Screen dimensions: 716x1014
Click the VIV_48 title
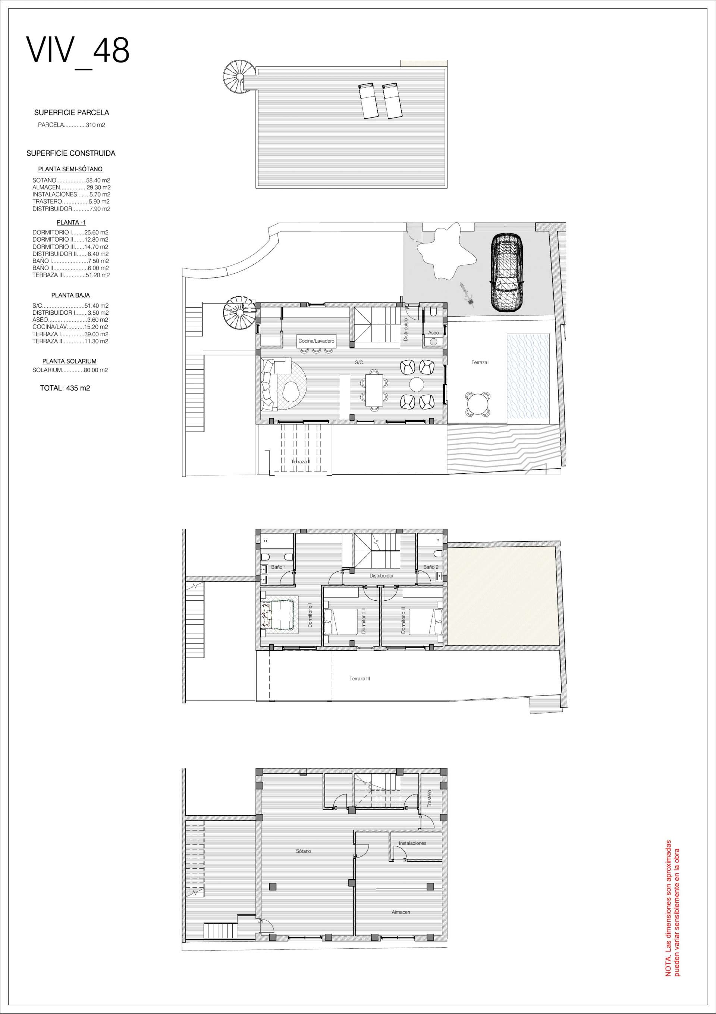[x=78, y=51]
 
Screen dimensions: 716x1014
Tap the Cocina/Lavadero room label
[x=316, y=341]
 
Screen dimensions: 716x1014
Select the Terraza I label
[x=480, y=362]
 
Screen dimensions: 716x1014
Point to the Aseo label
[x=433, y=333]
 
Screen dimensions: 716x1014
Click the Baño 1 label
[x=278, y=567]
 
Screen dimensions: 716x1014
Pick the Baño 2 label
[x=431, y=567]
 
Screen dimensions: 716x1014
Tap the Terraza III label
[x=359, y=678]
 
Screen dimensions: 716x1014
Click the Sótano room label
[x=304, y=851]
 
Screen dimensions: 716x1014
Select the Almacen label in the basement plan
[x=401, y=912]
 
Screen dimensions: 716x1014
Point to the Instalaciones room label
[x=412, y=843]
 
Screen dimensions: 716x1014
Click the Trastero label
[x=429, y=799]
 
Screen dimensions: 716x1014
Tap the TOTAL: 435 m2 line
[x=65, y=388]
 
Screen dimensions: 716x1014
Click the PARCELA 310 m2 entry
[x=72, y=125]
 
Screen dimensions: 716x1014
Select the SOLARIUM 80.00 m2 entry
[x=70, y=370]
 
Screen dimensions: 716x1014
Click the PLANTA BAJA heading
[x=70, y=295]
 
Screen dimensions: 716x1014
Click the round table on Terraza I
[x=477, y=403]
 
